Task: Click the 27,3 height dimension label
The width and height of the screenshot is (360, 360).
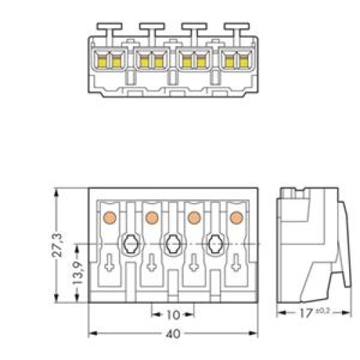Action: tap(57, 245)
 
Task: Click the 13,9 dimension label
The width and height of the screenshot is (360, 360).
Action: tap(78, 273)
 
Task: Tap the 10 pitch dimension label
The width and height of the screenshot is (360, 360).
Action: tap(173, 315)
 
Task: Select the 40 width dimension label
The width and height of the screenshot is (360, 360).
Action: tap(173, 333)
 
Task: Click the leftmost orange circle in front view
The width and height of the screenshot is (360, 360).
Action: tap(109, 217)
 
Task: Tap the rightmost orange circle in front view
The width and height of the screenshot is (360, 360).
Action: tap(237, 217)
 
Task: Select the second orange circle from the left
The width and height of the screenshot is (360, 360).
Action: tap(152, 217)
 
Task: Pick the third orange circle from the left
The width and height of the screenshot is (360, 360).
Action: tap(194, 217)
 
